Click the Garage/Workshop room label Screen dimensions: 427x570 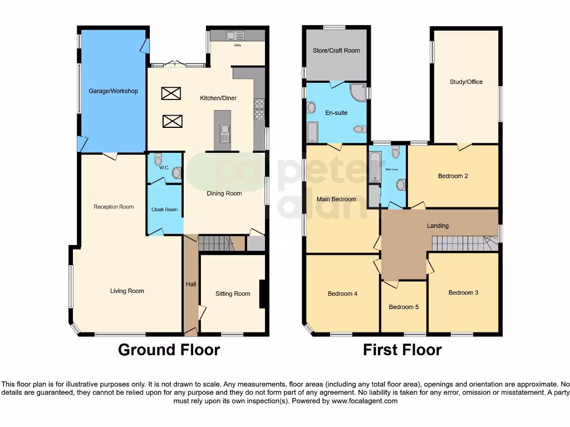click(113, 91)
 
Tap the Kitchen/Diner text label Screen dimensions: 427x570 click(218, 98)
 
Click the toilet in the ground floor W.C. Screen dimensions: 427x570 click(176, 173)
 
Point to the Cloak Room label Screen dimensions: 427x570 click(165, 210)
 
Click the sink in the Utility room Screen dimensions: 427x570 click(231, 36)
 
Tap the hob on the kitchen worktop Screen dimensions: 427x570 click(259, 110)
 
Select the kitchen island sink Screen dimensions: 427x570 click(225, 133)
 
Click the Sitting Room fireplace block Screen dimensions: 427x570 click(262, 293)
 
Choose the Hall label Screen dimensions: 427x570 click(191, 284)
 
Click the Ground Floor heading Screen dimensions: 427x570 click(169, 350)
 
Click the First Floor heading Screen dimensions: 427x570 click(402, 350)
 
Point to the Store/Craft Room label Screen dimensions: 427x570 click(336, 51)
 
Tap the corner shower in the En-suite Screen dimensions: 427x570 click(358, 91)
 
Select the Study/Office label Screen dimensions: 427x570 click(466, 82)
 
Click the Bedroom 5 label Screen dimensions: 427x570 click(404, 307)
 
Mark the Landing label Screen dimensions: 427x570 click(438, 226)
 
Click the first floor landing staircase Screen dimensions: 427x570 click(459, 243)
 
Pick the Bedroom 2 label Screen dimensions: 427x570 click(453, 176)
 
